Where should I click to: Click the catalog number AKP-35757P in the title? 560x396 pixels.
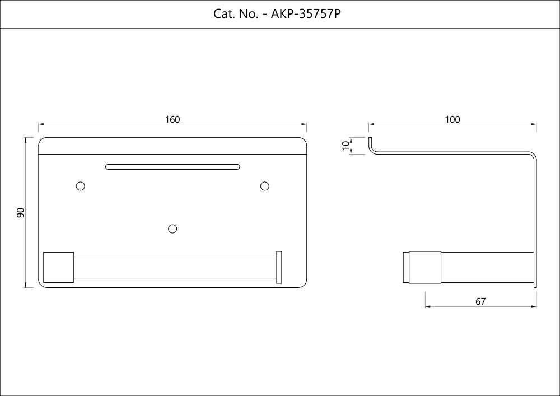pyautogui.click(x=306, y=14)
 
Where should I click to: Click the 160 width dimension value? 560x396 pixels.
pyautogui.click(x=172, y=119)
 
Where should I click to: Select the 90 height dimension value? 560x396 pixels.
pyautogui.click(x=20, y=212)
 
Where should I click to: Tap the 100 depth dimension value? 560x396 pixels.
pyautogui.click(x=452, y=119)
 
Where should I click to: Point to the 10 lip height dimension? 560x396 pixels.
pyautogui.click(x=346, y=145)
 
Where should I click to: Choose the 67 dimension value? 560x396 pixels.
pyautogui.click(x=480, y=301)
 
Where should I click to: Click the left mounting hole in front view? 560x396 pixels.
pyautogui.click(x=81, y=186)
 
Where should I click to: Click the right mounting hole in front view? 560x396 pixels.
pyautogui.click(x=265, y=186)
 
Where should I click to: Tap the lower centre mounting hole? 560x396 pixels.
pyautogui.click(x=172, y=229)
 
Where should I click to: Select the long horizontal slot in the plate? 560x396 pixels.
pyautogui.click(x=172, y=167)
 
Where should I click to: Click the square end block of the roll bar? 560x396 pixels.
pyautogui.click(x=59, y=267)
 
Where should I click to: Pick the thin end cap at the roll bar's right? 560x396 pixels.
pyautogui.click(x=279, y=267)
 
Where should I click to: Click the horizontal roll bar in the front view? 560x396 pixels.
pyautogui.click(x=175, y=267)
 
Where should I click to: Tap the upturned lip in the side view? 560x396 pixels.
pyautogui.click(x=371, y=145)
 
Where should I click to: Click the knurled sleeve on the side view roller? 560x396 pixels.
pyautogui.click(x=425, y=267)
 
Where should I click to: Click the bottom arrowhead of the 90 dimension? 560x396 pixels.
pyautogui.click(x=25, y=285)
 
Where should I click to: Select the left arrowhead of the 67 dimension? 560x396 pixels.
pyautogui.click(x=428, y=306)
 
